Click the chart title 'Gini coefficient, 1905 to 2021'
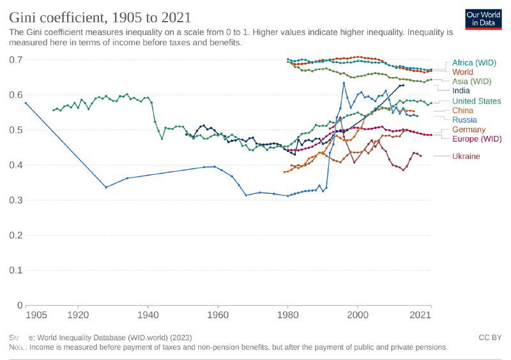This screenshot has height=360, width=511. pos(100,17)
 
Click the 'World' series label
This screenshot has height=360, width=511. pos(462,72)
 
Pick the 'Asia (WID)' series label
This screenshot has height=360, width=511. pos(471,81)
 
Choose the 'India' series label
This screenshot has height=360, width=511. pos(461,91)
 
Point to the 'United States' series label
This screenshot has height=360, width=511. pos(477,101)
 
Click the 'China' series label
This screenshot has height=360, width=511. pos(462,110)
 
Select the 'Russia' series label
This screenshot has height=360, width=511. pos(464,119)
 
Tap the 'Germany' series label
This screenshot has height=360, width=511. pos(469,130)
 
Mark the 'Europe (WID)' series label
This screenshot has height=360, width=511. pos(477,139)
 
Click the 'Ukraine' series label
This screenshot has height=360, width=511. pos(466,156)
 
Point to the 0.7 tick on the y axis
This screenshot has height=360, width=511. pos(17,60)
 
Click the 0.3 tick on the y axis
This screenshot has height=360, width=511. pos(17,200)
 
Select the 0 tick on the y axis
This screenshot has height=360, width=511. pos(20,305)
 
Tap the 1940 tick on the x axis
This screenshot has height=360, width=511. pos(148,315)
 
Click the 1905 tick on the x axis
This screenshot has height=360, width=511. pos(36,315)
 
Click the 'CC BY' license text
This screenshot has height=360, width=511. pos(489,337)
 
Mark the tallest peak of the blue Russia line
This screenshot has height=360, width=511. pos(344,82)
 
